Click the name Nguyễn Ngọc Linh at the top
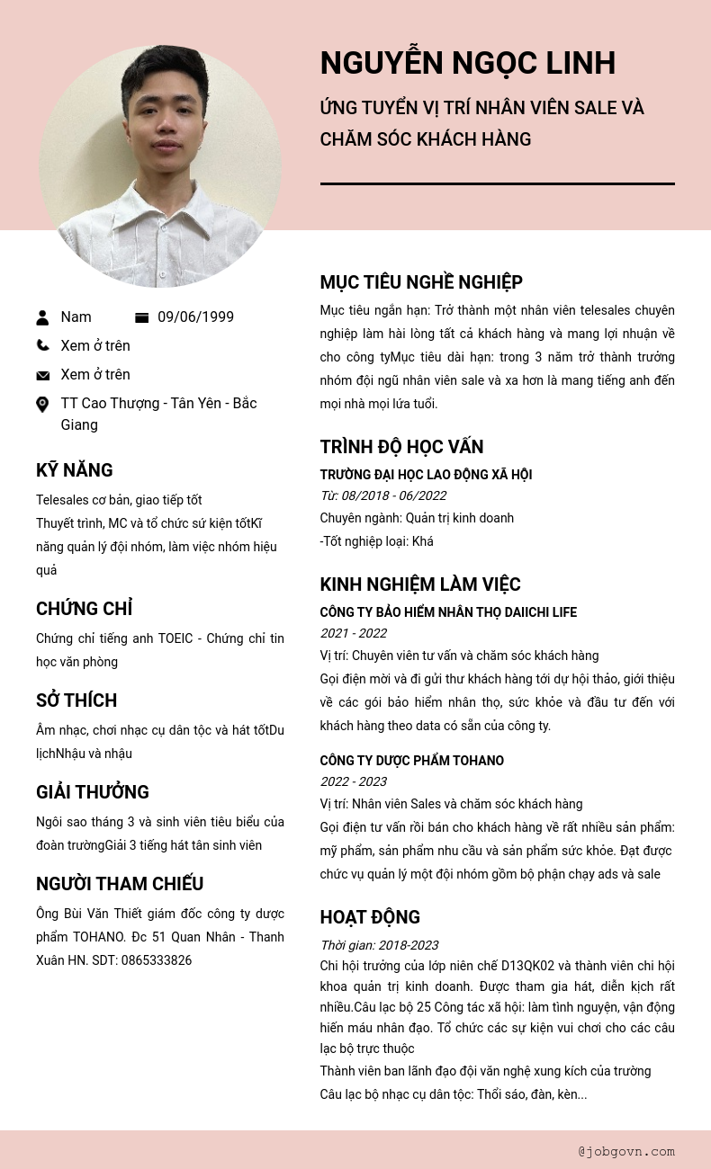pos(467,63)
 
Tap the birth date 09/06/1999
pos(195,317)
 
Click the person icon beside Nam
pos(42,317)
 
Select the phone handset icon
pos(42,345)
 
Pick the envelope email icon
pos(42,375)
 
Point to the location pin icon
pos(42,405)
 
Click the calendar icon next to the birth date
pos(141,317)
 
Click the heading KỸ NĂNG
pos(75,470)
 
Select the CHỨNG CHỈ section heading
pos(84,609)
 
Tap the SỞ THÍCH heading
pos(76,701)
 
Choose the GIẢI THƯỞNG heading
pos(93,792)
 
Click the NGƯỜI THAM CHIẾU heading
pos(120,884)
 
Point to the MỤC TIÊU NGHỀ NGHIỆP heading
pos(421,282)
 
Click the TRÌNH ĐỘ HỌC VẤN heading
pos(401,447)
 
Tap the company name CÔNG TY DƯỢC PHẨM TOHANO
pos(411,761)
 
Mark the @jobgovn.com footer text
pos(626,1151)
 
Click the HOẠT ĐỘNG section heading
pos(370,917)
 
